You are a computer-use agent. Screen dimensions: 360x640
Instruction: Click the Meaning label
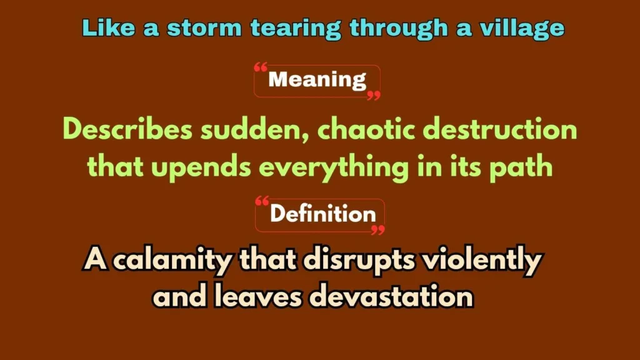click(317, 80)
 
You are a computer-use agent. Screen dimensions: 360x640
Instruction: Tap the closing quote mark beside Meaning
click(373, 96)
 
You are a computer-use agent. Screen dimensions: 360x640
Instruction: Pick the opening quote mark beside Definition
click(263, 201)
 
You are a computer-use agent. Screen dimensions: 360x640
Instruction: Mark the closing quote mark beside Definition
click(377, 230)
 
